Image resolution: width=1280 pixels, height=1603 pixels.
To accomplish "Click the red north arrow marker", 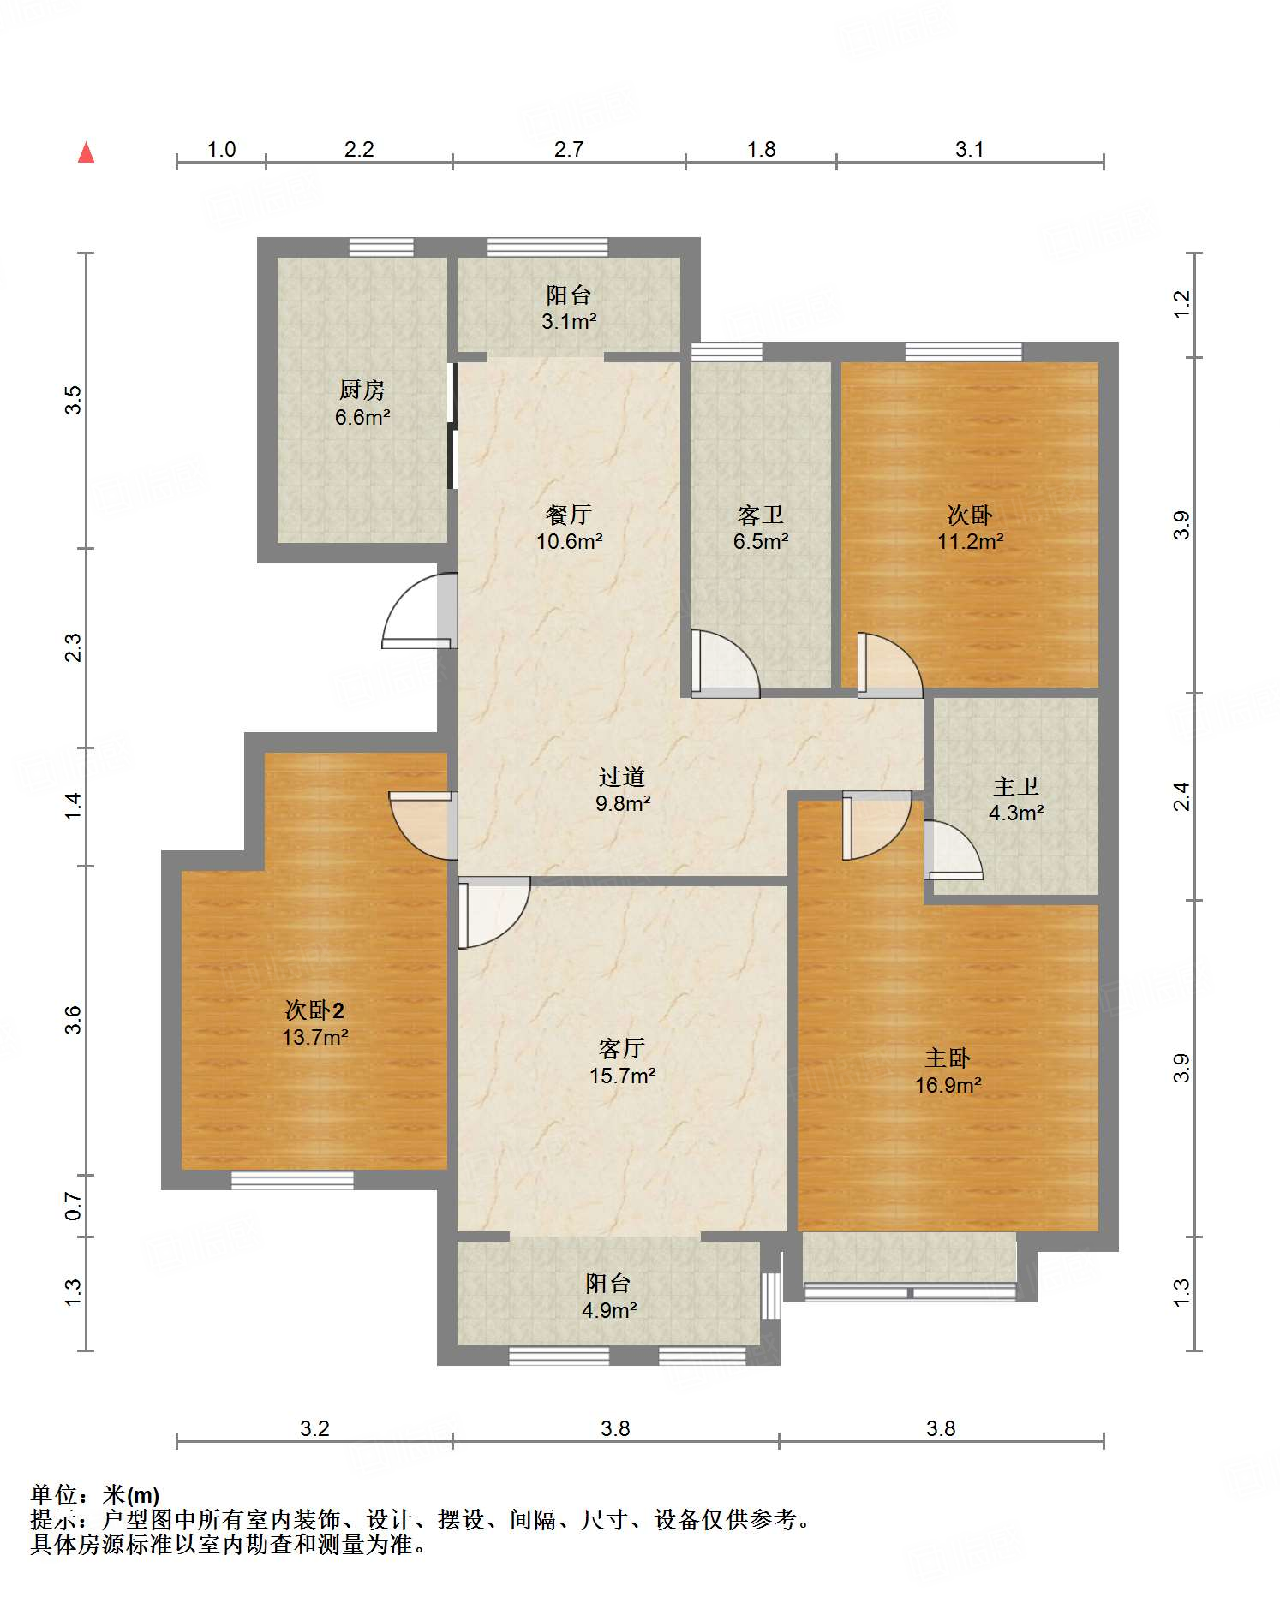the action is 86,152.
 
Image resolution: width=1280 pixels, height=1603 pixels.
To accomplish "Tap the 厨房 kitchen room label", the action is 362,390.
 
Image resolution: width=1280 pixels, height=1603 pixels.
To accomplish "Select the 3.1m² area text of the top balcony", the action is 569,322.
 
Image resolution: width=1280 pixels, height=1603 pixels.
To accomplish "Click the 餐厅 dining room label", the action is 569,515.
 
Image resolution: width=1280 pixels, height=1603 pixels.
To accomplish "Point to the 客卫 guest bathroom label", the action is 761,515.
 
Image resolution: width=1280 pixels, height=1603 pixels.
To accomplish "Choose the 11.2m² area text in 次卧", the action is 970,541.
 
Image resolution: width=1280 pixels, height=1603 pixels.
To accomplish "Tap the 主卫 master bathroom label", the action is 1016,786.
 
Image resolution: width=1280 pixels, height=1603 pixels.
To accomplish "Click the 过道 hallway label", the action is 622,777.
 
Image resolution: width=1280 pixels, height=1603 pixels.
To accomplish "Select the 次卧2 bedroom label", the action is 315,1010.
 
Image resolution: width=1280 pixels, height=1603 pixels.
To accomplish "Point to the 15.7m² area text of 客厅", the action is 623,1076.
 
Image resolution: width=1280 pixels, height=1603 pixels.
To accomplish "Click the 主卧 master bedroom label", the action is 948,1058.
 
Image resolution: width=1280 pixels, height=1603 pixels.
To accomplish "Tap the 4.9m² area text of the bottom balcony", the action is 608,1310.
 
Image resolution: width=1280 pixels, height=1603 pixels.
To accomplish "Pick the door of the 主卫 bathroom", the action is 953,849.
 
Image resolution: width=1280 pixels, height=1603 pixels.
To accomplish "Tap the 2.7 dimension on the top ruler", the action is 569,150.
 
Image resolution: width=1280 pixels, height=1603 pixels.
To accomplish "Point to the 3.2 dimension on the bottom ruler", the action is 315,1429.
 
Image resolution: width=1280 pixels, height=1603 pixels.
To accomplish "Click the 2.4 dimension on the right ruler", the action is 1181,796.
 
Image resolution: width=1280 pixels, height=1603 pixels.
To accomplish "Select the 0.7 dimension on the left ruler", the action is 74,1207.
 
